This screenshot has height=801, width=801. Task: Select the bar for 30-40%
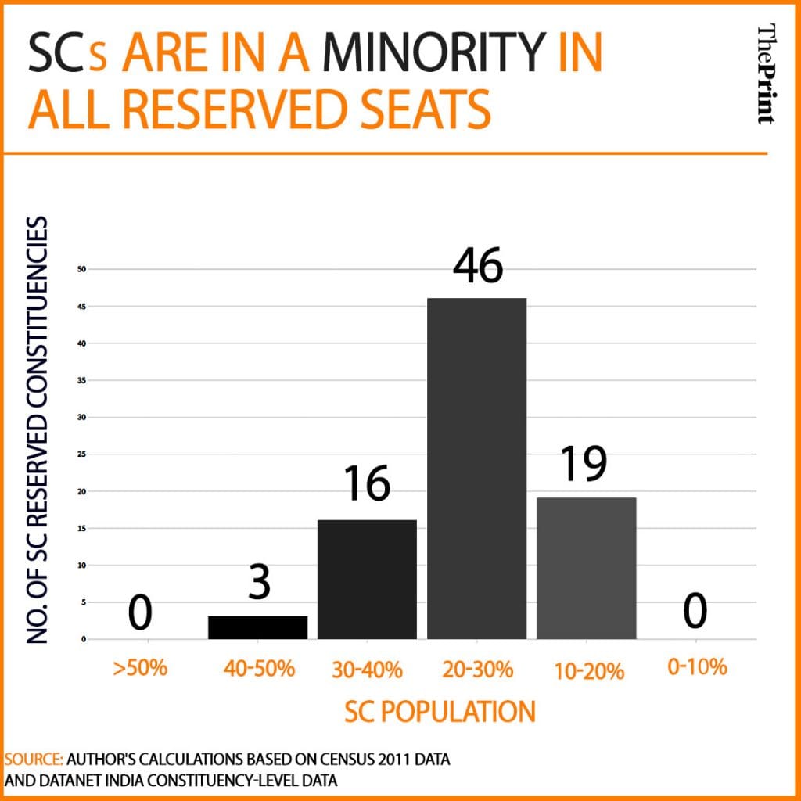367,579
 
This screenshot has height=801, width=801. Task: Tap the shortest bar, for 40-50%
257,627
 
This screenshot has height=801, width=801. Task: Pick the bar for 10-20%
586,568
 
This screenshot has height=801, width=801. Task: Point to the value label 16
367,484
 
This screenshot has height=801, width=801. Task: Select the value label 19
584,465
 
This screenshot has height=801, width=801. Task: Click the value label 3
258,584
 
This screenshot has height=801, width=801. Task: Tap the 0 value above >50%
140,612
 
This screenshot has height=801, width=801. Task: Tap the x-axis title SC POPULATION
440,711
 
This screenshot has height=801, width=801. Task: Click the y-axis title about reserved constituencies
37,430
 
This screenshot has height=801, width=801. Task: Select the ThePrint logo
767,74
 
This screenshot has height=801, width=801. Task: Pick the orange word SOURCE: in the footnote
33,760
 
